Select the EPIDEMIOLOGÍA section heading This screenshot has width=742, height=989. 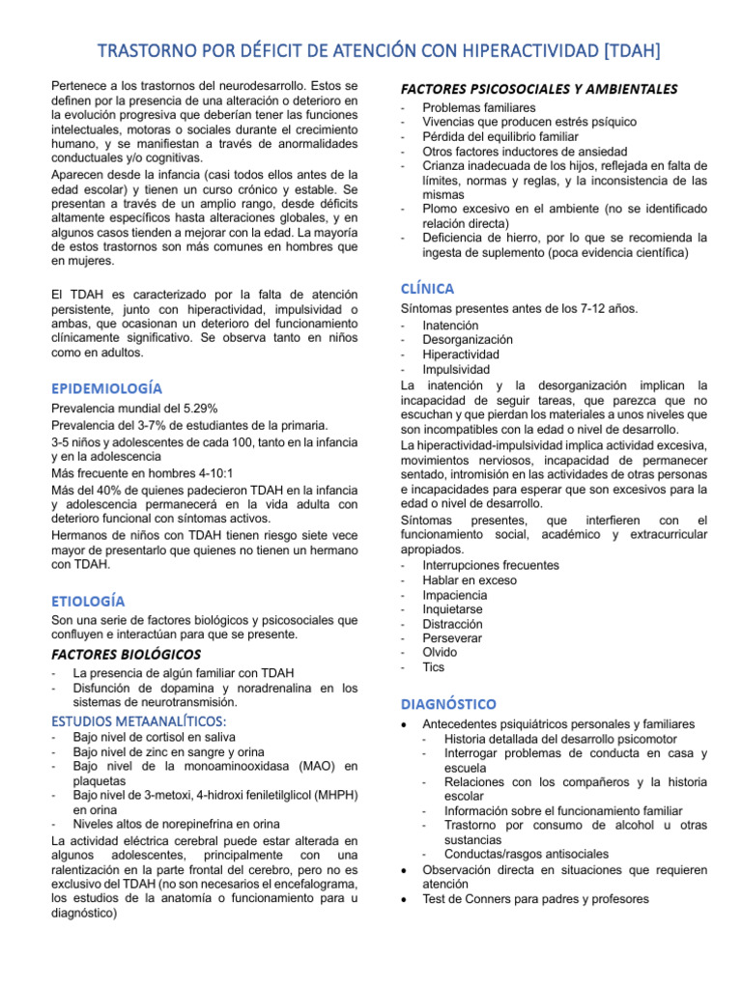click(x=106, y=387)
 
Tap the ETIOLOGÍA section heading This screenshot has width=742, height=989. click(x=88, y=601)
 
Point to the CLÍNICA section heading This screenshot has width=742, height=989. click(x=427, y=288)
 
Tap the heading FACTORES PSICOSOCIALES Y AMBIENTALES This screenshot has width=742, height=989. click(x=539, y=89)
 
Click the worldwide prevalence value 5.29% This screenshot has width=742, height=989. click(x=198, y=409)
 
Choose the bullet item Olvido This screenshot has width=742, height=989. click(x=440, y=652)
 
